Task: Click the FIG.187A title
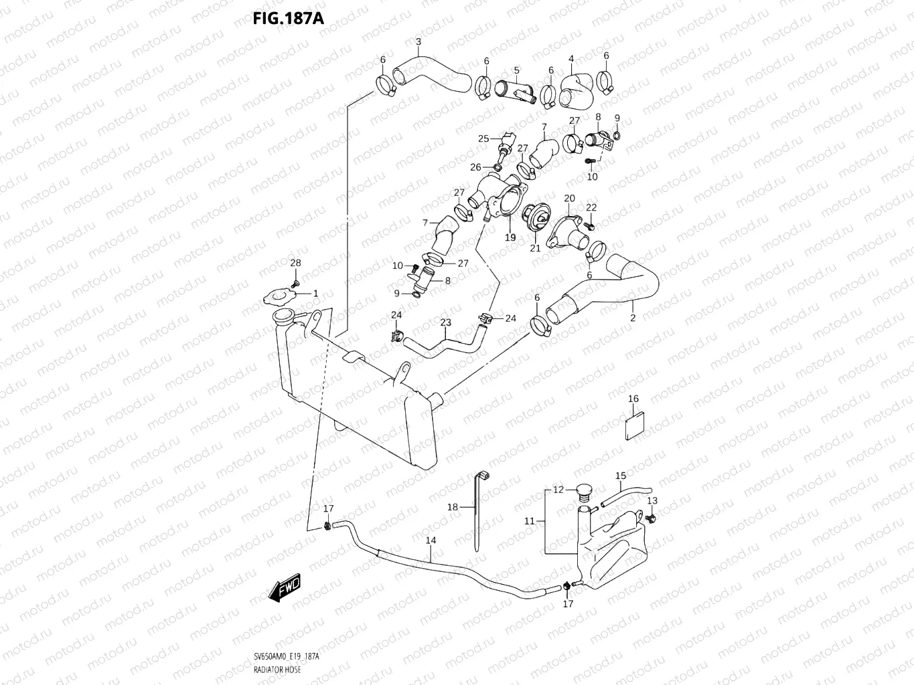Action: [x=288, y=18]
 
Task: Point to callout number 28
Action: [x=295, y=264]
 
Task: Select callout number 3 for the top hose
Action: [x=418, y=42]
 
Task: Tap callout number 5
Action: [x=516, y=70]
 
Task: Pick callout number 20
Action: [x=569, y=199]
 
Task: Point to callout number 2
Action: [x=632, y=318]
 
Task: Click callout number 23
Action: [x=445, y=322]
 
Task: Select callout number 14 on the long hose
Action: [x=431, y=540]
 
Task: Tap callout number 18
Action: [x=453, y=507]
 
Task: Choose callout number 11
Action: [x=530, y=521]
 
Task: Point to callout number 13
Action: [x=652, y=501]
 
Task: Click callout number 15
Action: [x=621, y=476]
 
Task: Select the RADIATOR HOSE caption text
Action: [x=277, y=669]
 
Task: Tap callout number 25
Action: [x=483, y=139]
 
